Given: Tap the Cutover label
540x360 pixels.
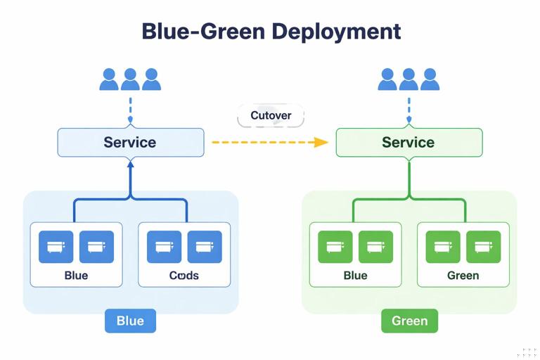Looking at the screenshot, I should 271,116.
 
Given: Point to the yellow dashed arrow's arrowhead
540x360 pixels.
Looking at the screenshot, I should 321,142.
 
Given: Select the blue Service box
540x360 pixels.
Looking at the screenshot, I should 130,142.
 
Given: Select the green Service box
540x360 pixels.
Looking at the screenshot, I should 409,142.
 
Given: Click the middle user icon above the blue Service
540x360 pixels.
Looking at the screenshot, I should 130,79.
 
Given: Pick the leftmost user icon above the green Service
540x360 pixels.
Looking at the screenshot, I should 387,79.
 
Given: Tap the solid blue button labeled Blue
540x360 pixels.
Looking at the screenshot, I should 130,321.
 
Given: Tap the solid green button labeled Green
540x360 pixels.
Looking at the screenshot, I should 409,321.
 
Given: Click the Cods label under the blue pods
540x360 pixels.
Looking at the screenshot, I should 184,275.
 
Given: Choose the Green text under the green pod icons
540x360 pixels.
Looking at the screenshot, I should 463,275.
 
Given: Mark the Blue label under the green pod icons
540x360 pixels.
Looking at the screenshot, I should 355,275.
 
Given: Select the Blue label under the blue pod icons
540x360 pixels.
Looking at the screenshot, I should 76,275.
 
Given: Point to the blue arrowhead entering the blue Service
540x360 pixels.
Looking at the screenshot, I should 130,162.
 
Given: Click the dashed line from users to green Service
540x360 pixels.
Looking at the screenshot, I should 409,110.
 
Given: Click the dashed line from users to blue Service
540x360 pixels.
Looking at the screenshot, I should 130,110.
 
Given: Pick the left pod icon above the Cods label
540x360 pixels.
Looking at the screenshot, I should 164,247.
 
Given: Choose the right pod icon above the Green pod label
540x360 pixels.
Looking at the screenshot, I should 483,247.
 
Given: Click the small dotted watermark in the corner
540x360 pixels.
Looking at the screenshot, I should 529,351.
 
